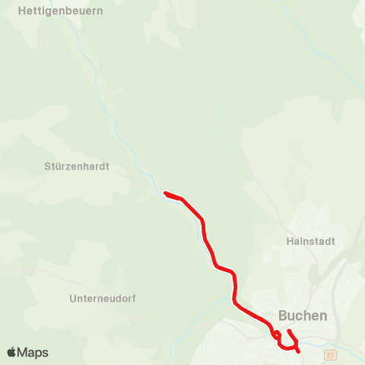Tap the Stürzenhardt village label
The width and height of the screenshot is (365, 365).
point(77,166)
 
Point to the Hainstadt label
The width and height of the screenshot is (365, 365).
point(310,240)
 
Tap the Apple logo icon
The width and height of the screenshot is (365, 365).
point(11,352)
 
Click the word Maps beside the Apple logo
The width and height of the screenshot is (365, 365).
point(33,352)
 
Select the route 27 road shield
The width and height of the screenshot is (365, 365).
point(329,354)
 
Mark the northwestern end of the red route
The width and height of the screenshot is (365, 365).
point(165,193)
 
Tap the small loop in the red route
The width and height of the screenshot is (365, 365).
point(277,335)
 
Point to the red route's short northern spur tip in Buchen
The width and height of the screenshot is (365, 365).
point(289,331)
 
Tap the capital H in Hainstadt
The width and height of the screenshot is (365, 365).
point(290,240)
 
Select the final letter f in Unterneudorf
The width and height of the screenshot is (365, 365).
point(134,299)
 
